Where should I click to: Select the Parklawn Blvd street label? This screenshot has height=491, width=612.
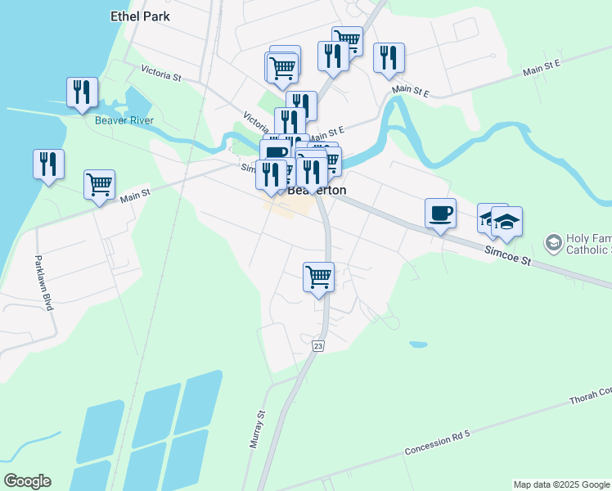click(43, 283)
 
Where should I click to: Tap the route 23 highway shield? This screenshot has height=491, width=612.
click(318, 347)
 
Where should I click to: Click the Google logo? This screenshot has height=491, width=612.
click(27, 481)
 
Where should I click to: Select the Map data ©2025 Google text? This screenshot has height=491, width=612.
click(561, 484)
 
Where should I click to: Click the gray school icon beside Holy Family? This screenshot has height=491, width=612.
click(553, 242)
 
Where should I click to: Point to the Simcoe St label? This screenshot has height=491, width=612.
click(507, 257)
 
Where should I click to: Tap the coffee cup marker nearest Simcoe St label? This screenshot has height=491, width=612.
click(440, 214)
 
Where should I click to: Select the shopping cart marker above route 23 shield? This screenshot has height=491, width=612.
click(318, 277)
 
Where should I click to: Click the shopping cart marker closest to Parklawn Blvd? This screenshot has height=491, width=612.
click(99, 184)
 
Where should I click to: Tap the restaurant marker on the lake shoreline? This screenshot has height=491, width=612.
click(48, 164)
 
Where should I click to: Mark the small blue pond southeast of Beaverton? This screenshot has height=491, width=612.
click(417, 345)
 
